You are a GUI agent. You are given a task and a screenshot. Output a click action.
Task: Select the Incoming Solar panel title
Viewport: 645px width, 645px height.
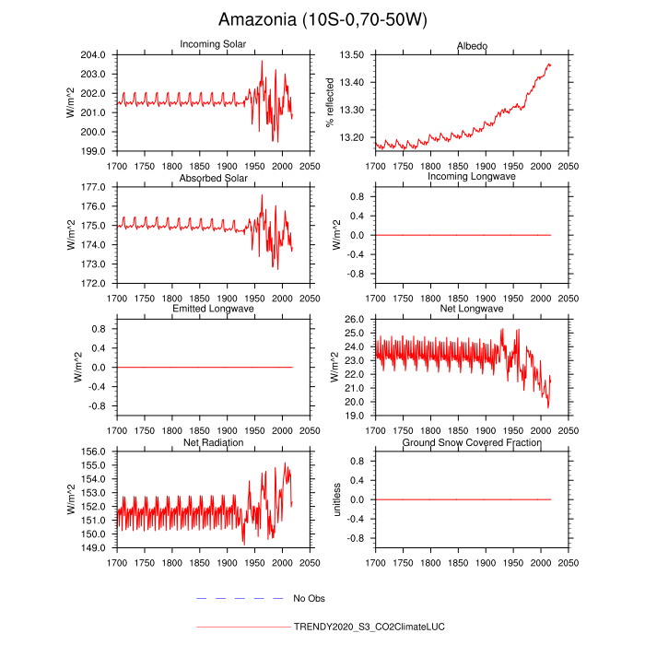pyautogui.click(x=212, y=45)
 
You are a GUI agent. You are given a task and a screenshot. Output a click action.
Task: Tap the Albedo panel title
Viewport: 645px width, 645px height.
pyautogui.click(x=472, y=45)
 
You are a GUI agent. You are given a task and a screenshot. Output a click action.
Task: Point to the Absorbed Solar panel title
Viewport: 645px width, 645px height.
pyautogui.click(x=212, y=177)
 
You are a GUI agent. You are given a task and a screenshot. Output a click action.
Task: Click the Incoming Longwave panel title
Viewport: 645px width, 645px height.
pyautogui.click(x=472, y=177)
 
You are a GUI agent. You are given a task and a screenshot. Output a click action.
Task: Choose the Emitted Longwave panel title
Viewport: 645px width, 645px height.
pyautogui.click(x=212, y=309)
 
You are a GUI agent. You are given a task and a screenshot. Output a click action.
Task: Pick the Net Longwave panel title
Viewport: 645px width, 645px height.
pyautogui.click(x=472, y=309)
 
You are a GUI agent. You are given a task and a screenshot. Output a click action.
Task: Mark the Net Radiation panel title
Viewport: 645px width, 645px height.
pyautogui.click(x=212, y=443)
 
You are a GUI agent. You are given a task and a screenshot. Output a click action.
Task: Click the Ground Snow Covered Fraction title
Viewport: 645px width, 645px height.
pyautogui.click(x=472, y=443)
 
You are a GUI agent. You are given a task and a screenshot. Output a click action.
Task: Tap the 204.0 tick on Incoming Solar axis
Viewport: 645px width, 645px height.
pyautogui.click(x=98, y=54)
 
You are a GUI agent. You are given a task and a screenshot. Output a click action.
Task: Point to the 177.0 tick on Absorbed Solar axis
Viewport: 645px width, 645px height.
pyautogui.click(x=98, y=186)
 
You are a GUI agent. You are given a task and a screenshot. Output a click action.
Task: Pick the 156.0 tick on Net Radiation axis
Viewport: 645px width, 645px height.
pyautogui.click(x=98, y=451)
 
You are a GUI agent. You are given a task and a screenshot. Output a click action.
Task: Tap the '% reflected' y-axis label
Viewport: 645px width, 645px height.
pyautogui.click(x=330, y=102)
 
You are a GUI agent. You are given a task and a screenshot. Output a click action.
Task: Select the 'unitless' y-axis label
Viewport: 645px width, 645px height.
pyautogui.click(x=338, y=499)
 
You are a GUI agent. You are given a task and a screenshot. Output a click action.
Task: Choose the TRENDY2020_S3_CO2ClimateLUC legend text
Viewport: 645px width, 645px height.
pyautogui.click(x=369, y=627)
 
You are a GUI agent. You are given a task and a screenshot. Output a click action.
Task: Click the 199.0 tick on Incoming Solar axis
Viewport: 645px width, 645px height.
pyautogui.click(x=98, y=150)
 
